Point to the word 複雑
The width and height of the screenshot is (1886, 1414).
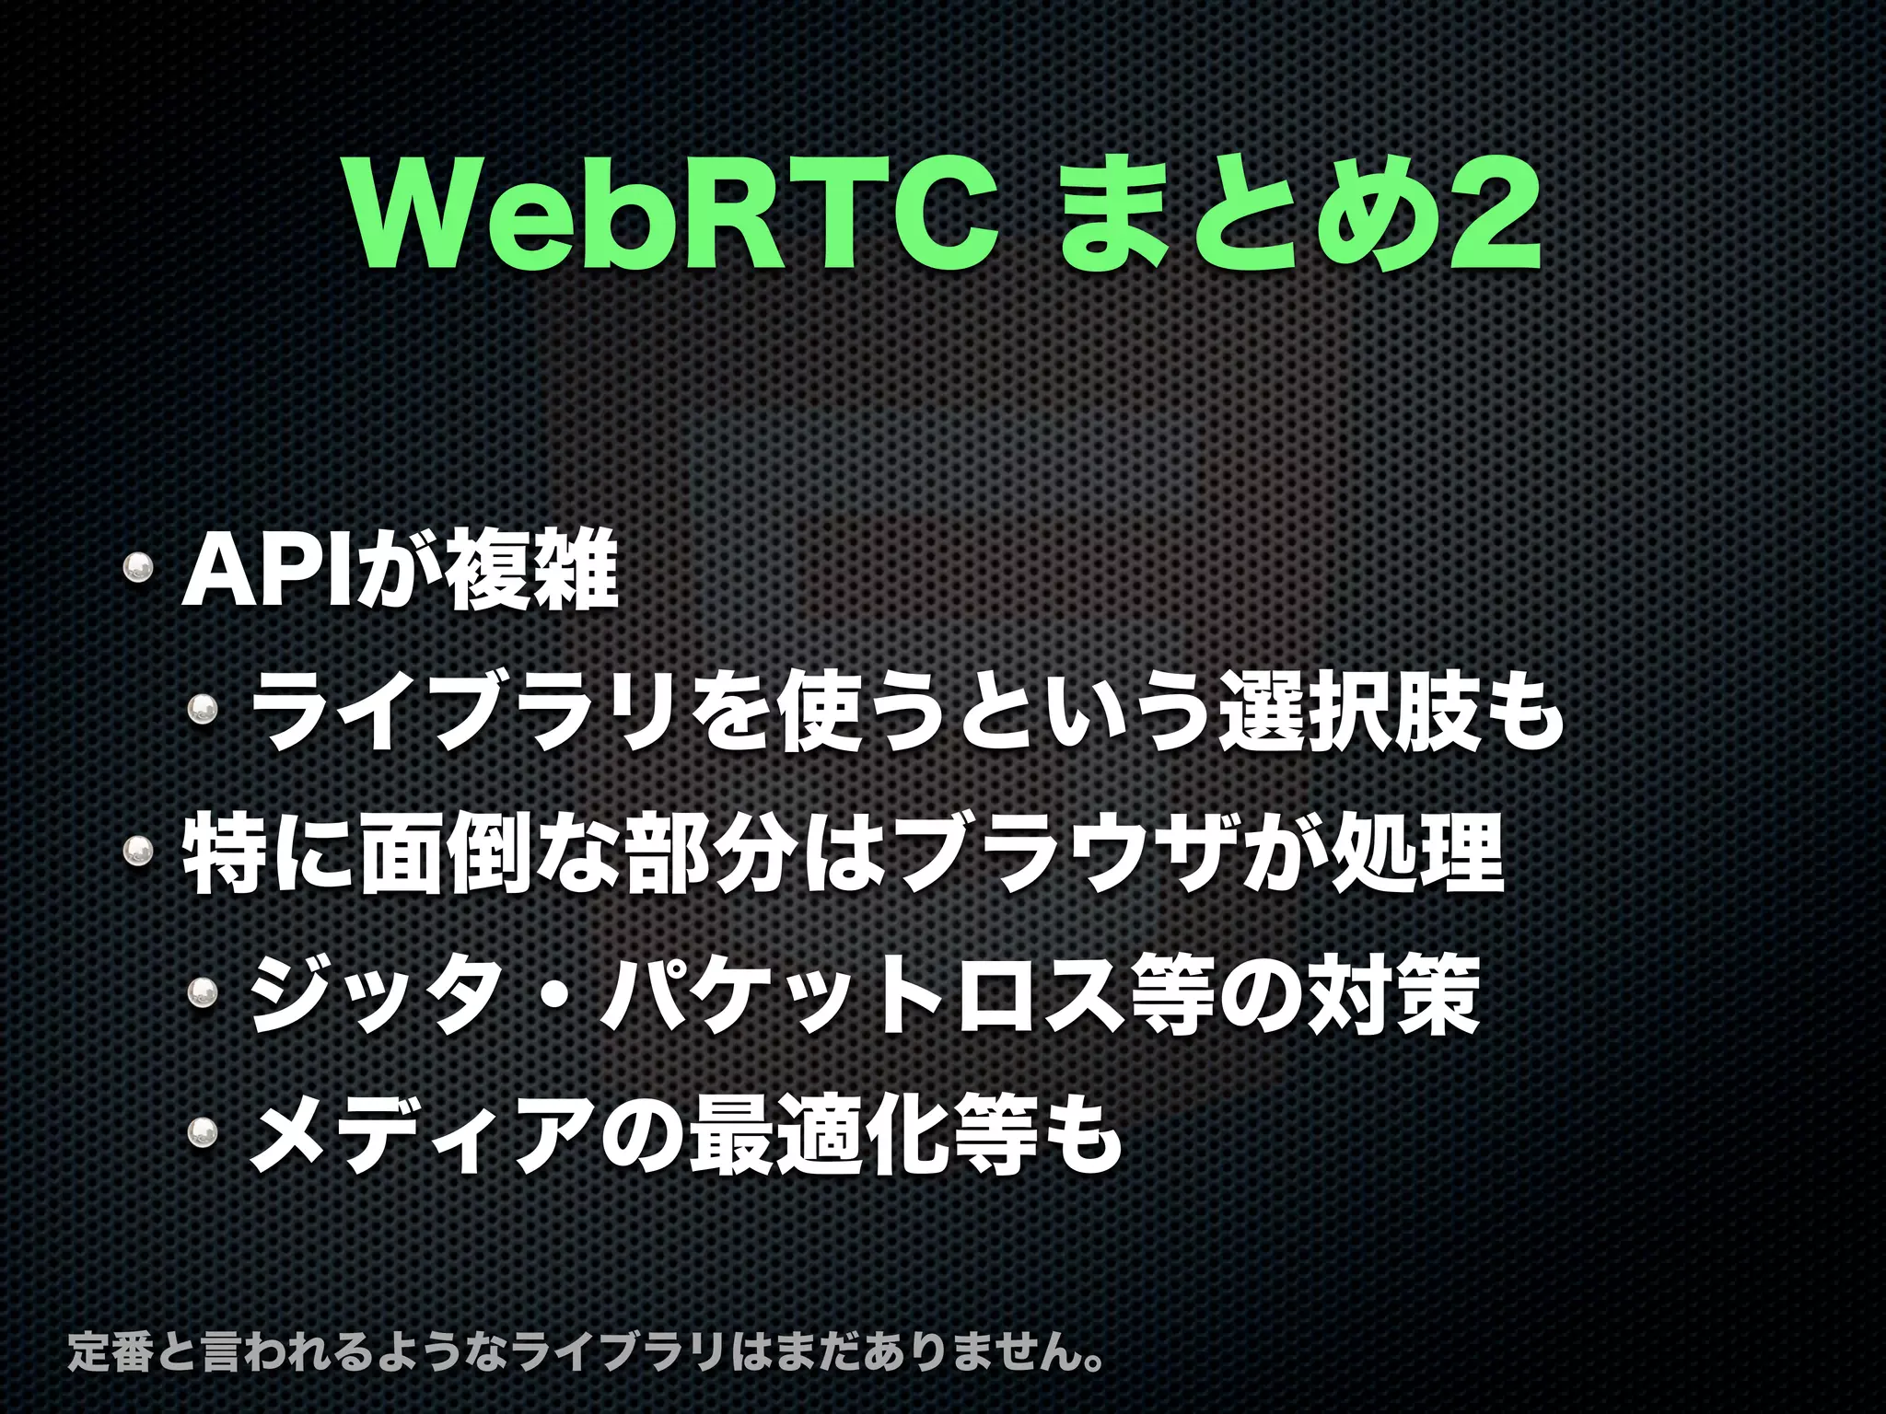click(x=530, y=574)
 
